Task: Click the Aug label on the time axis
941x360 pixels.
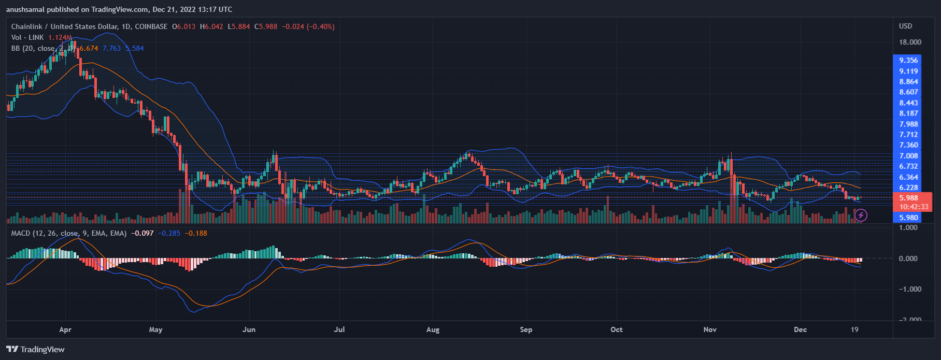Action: tap(433, 329)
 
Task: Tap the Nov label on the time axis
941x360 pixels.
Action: tap(710, 329)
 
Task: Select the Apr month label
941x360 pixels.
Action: tap(65, 329)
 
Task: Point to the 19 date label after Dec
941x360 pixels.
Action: tap(854, 329)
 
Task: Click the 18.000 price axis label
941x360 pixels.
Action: tap(910, 42)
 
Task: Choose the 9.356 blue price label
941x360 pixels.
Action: tap(909, 60)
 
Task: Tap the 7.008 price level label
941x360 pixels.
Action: tap(909, 156)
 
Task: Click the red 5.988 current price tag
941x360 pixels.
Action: tap(909, 198)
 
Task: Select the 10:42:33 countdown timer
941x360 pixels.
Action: tap(914, 207)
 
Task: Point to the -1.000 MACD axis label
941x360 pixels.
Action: tap(910, 289)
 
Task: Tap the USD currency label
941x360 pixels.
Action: tap(905, 26)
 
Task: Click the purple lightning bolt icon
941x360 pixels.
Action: tap(861, 214)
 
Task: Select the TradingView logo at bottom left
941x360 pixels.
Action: tap(35, 349)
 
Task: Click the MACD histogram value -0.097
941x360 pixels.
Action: tap(142, 233)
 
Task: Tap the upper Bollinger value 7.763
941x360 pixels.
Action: tap(111, 48)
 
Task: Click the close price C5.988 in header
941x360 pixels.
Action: tap(266, 26)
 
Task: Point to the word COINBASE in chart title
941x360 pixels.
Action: tap(151, 26)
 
